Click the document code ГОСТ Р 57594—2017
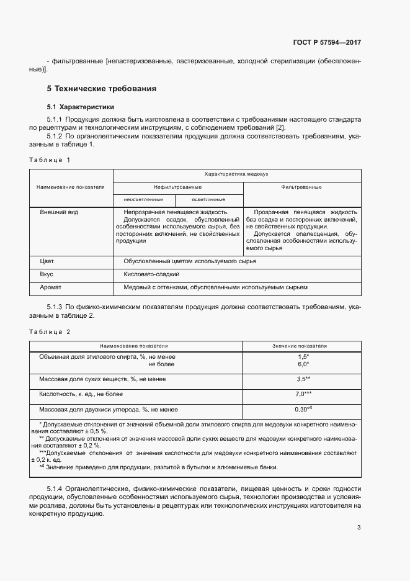327,43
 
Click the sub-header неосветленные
143,199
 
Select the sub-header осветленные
208,199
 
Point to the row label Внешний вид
59,212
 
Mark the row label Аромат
51,287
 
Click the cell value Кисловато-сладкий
152,274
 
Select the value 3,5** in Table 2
303,379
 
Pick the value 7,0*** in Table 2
303,394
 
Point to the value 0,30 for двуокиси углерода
301,410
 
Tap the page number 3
359,528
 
